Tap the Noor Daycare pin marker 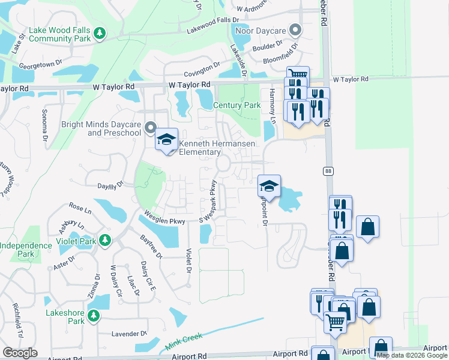click(x=295, y=29)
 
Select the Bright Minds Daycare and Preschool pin click(x=151, y=128)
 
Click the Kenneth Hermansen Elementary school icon click(x=167, y=141)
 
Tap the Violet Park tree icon click(x=106, y=241)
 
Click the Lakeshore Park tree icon click(x=93, y=316)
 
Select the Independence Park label click(x=26, y=250)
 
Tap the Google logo click(x=20, y=353)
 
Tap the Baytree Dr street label click(x=151, y=247)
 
